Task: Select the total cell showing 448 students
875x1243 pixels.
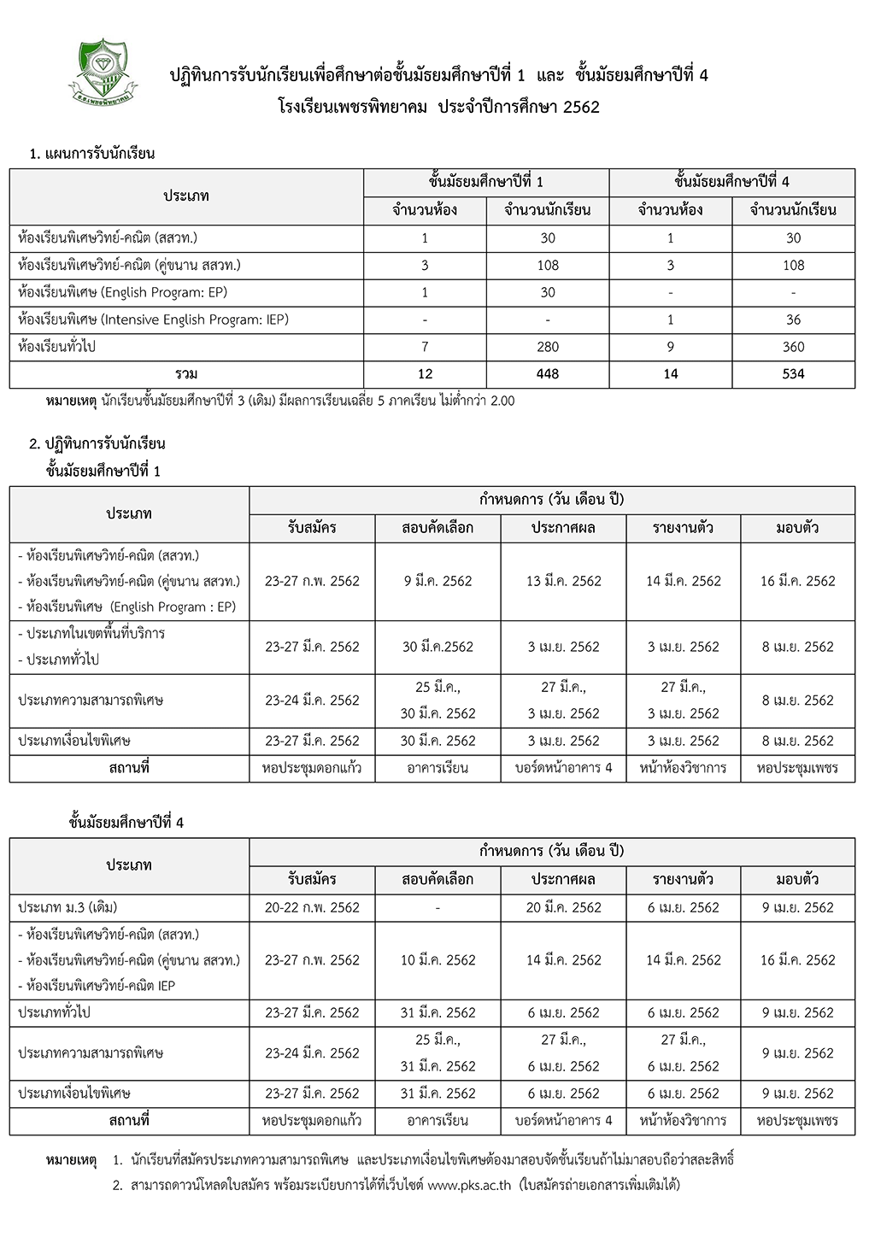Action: tap(548, 373)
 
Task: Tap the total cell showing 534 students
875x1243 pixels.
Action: tap(793, 373)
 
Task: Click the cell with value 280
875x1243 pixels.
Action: tap(548, 347)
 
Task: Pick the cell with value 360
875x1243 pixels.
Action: tap(793, 347)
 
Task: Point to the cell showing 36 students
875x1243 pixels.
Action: tap(793, 320)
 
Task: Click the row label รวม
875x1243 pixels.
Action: tap(186, 373)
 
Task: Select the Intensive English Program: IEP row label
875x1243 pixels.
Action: tap(153, 320)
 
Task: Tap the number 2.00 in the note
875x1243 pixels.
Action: tap(502, 401)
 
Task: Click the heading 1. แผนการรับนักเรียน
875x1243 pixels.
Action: tap(91, 154)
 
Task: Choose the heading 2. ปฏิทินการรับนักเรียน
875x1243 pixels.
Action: tap(97, 443)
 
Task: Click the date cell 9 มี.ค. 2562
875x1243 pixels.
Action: tap(437, 581)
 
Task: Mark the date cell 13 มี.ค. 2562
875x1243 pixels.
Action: tap(564, 581)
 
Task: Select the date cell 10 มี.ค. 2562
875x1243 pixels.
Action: tap(437, 960)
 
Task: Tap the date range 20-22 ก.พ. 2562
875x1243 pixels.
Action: tap(312, 907)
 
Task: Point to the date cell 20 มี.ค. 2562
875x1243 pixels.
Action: tap(564, 907)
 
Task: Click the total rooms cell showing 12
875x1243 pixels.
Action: tap(425, 373)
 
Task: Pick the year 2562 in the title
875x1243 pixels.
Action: tap(581, 108)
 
